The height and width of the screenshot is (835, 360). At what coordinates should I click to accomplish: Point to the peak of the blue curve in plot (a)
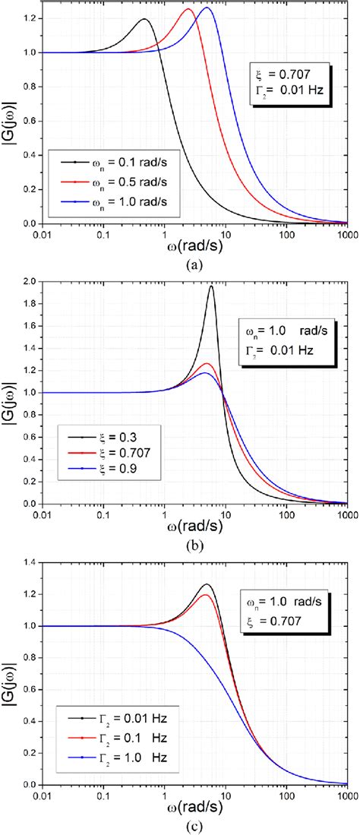pos(206,8)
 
